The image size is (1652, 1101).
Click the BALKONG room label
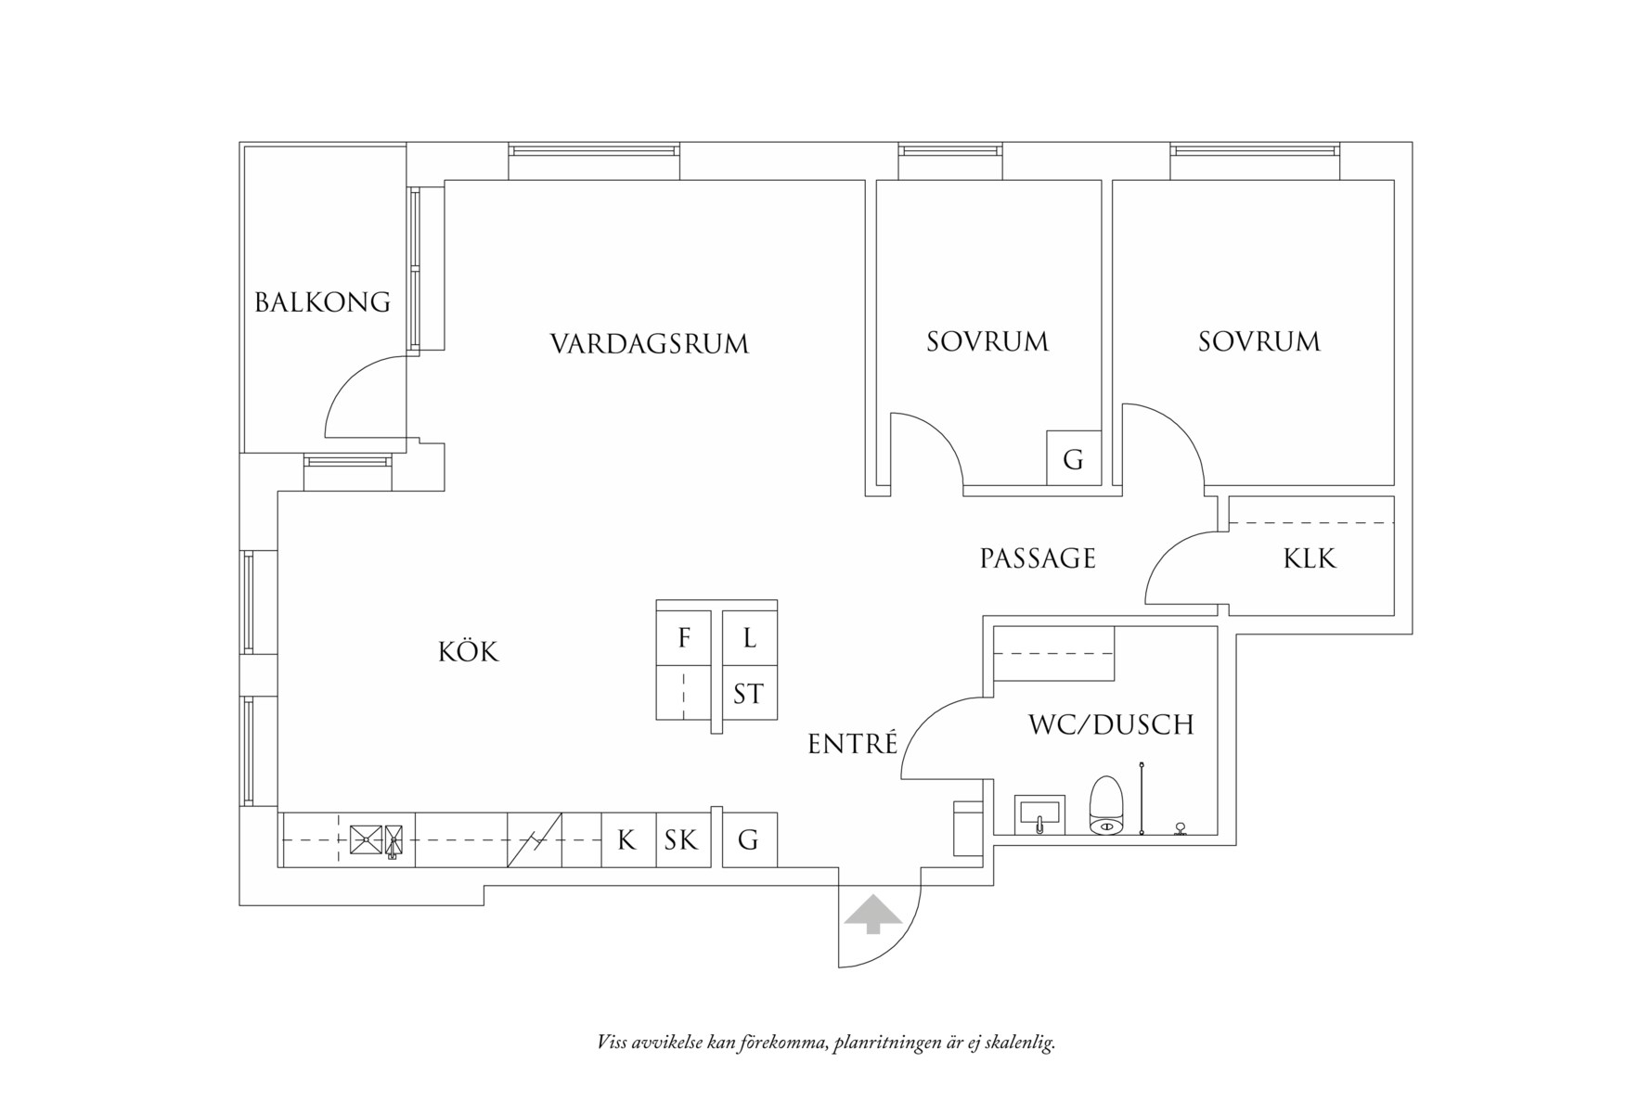(x=322, y=302)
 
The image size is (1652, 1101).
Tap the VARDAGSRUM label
(x=649, y=344)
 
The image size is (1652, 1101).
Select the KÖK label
(x=468, y=652)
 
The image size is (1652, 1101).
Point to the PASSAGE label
(x=1038, y=558)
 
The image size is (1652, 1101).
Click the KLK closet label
(x=1310, y=558)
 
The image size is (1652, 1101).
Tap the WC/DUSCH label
(x=1110, y=724)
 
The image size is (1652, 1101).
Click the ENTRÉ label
(x=852, y=744)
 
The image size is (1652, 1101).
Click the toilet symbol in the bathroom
(x=1105, y=805)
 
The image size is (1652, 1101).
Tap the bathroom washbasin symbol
(x=1039, y=814)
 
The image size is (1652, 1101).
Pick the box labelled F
(x=684, y=638)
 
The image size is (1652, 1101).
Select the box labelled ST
(x=748, y=694)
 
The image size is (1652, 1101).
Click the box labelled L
(x=749, y=638)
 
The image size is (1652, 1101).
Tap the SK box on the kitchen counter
(x=681, y=840)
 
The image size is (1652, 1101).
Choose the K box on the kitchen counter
(x=627, y=840)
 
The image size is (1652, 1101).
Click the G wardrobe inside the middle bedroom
(x=1073, y=459)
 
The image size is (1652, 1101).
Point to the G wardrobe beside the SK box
(x=748, y=840)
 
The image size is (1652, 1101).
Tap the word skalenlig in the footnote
(x=1018, y=1043)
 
